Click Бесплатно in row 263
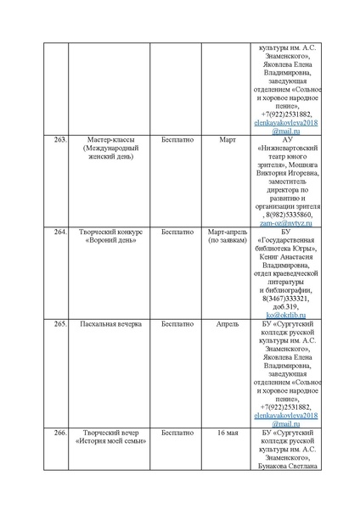(175, 139)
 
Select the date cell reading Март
(227, 139)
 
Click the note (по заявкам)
(227, 240)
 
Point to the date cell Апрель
(227, 323)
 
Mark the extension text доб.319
(286, 305)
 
